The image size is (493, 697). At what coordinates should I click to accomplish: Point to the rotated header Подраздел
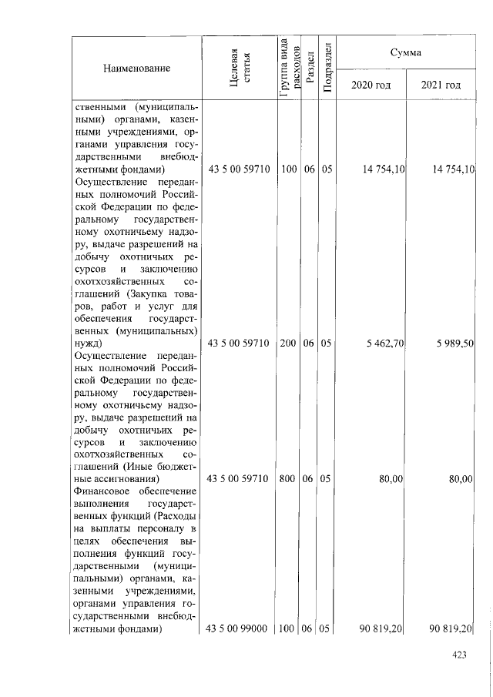[327, 69]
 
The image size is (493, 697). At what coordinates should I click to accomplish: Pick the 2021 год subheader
[441, 85]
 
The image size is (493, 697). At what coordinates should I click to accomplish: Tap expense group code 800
[289, 479]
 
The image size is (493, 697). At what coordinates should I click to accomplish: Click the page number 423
[460, 655]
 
